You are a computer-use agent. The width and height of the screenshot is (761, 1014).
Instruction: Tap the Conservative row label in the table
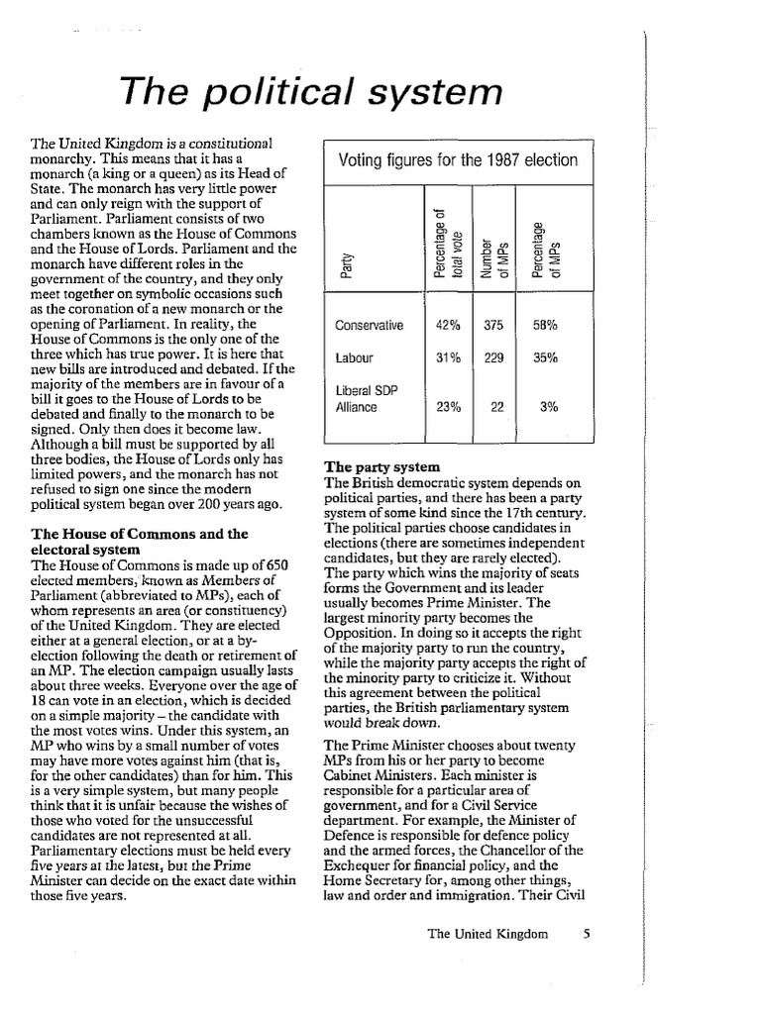pos(370,324)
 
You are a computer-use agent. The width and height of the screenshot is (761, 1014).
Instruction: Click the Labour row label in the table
pos(354,358)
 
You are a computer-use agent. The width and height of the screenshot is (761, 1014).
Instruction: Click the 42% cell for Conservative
pos(447,324)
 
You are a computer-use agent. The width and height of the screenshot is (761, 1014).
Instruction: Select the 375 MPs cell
pos(492,324)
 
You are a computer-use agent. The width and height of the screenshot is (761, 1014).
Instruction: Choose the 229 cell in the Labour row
pos(492,358)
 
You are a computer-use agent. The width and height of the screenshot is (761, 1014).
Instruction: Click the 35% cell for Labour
pos(547,358)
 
